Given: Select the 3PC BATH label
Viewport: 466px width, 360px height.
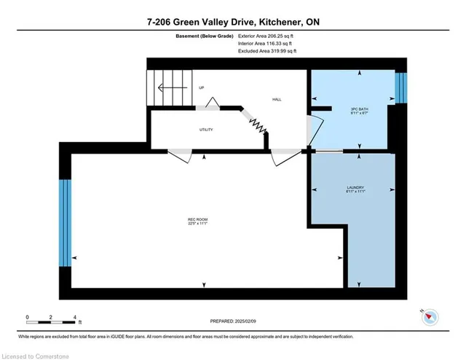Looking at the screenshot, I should click(355, 109).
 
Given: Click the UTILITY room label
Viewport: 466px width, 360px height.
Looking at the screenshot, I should click(206, 130).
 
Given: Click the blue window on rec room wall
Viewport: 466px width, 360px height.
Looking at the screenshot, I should click(66, 222).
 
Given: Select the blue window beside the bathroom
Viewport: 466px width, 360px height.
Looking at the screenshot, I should click(399, 87).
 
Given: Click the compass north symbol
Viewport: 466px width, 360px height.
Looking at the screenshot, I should click(430, 316).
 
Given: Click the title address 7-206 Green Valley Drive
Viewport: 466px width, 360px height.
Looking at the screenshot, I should click(232, 23).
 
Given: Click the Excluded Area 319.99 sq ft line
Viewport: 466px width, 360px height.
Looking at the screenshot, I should click(267, 52).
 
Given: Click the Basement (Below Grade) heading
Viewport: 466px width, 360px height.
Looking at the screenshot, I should click(204, 36).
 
